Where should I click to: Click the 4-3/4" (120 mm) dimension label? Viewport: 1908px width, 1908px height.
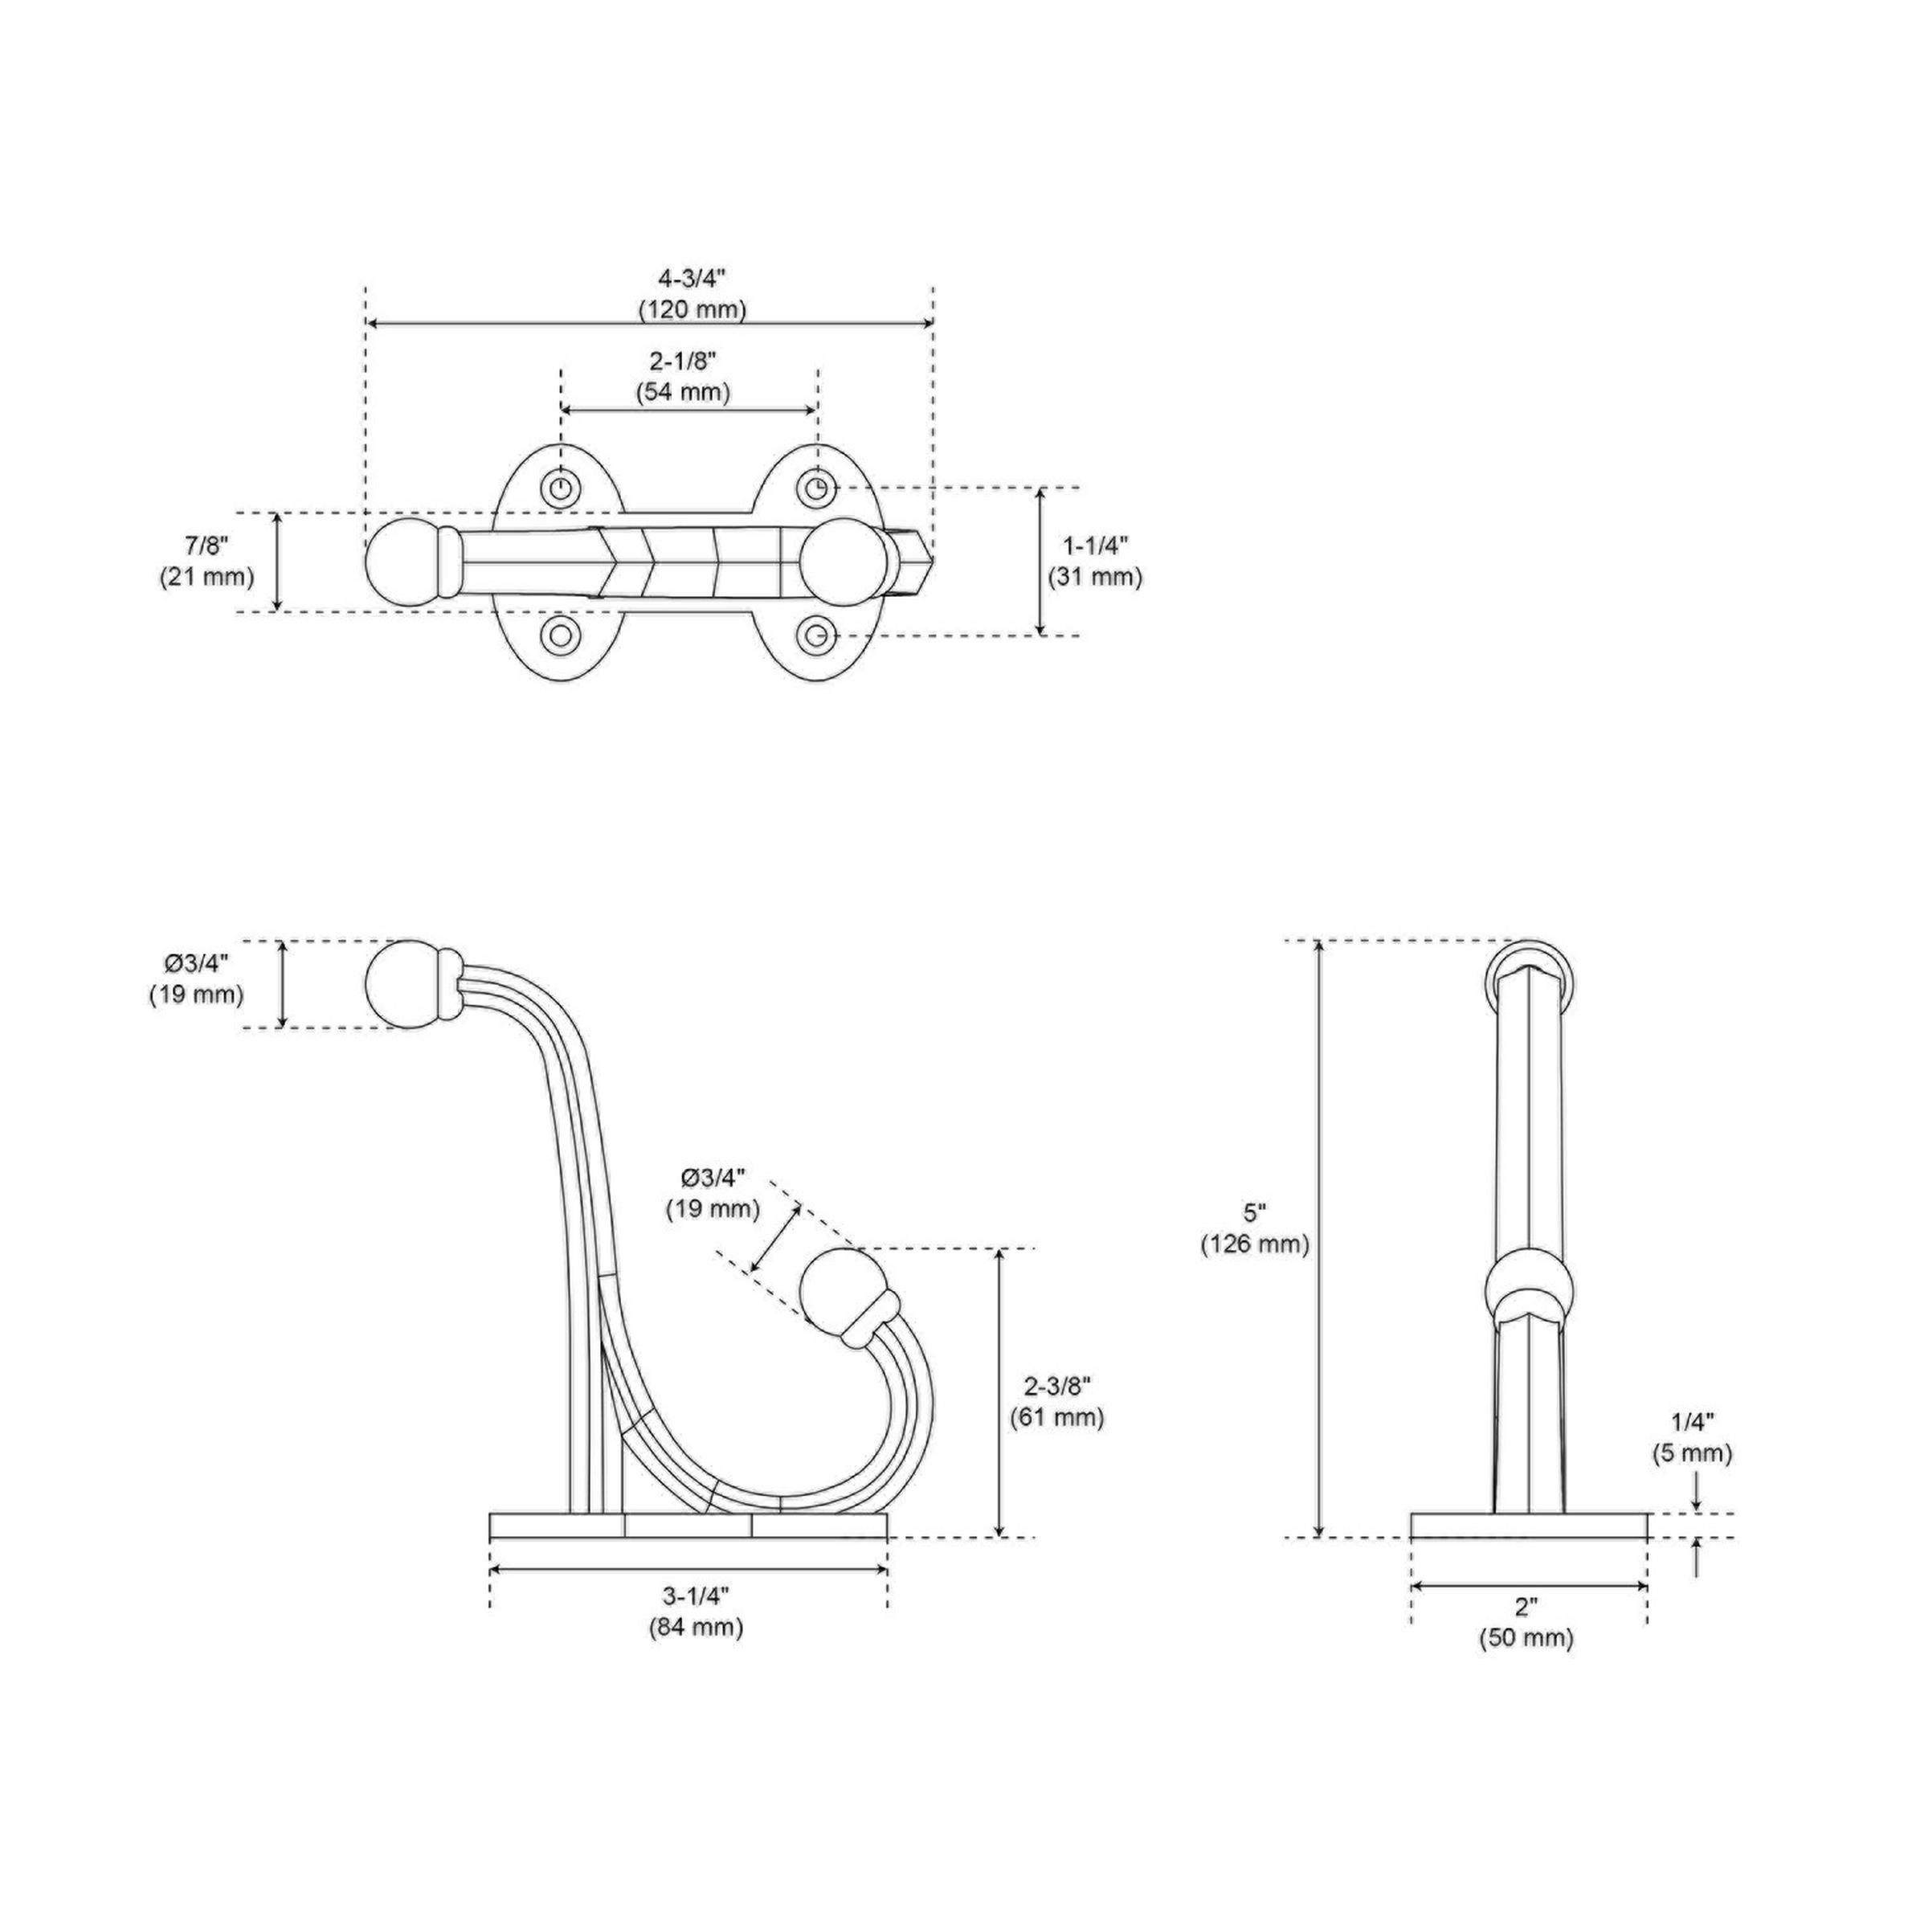692,293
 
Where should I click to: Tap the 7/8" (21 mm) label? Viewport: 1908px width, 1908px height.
206,561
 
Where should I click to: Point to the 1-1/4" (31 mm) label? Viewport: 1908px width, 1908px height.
1095,561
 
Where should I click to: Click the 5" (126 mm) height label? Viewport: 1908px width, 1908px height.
1254,1228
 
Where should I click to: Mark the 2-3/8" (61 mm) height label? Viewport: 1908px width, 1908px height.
1056,1401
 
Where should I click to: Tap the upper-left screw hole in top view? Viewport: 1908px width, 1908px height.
561,487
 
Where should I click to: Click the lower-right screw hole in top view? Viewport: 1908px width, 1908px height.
815,635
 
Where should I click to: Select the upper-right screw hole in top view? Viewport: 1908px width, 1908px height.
815,487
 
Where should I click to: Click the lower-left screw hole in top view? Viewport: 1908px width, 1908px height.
561,635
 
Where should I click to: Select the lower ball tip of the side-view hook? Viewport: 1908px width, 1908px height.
832,1288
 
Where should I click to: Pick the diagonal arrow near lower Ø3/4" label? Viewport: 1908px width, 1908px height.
775,1237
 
